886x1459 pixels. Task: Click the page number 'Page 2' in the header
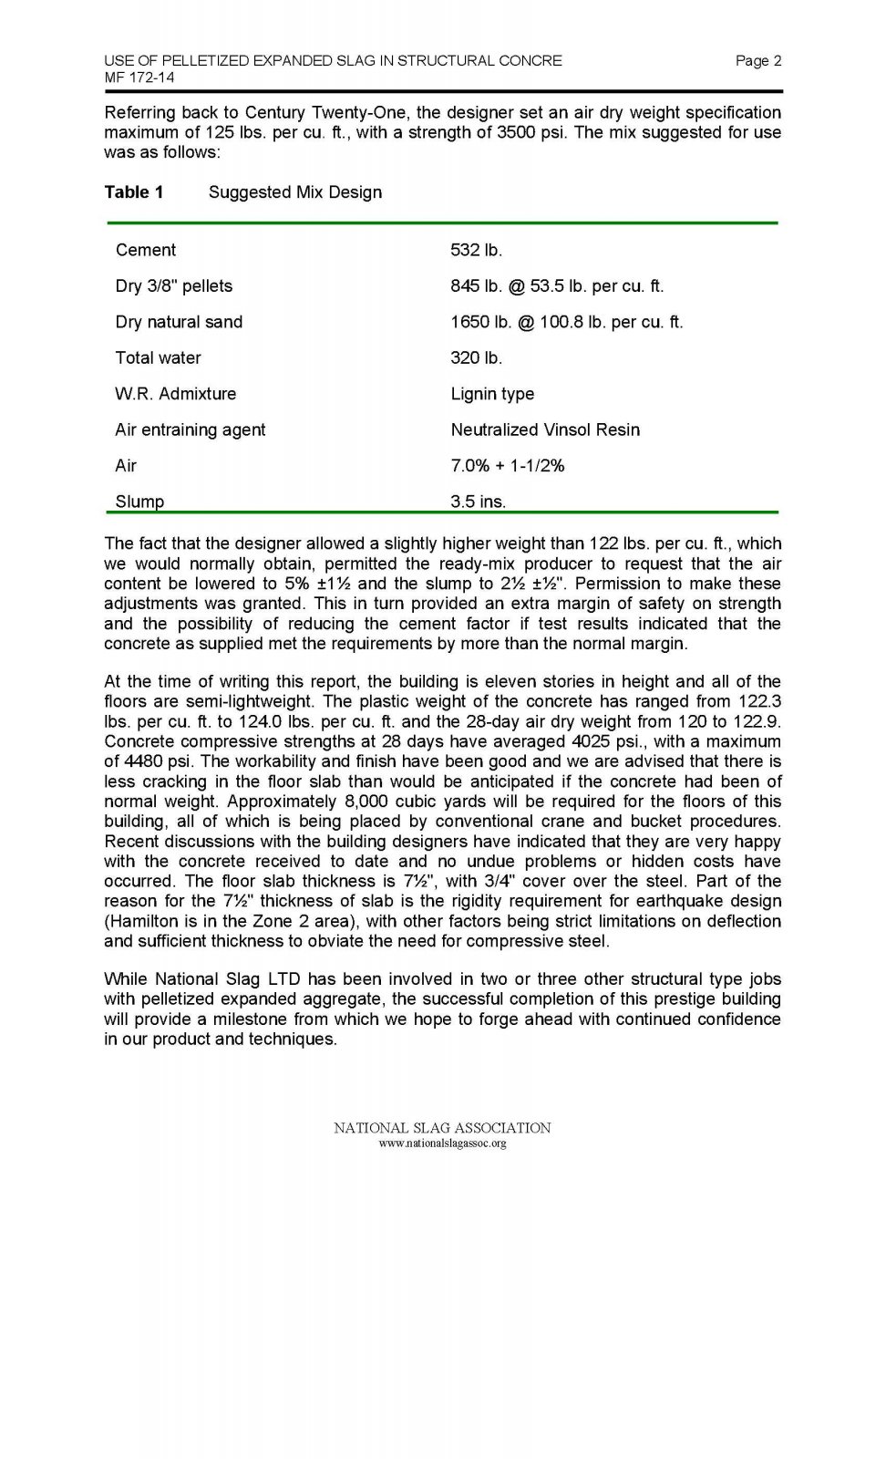[x=757, y=61]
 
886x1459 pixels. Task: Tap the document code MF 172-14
[x=139, y=78]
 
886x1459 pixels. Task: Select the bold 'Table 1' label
[x=134, y=192]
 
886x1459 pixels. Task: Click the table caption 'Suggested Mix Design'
[x=295, y=192]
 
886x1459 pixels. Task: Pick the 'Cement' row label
[x=146, y=250]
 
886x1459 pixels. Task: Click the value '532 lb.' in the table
[x=476, y=250]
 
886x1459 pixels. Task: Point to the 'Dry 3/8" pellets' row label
[x=174, y=286]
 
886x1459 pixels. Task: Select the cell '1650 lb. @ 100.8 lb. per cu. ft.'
[x=566, y=322]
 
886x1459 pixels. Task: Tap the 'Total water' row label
[x=158, y=358]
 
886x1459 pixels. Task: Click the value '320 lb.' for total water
[x=476, y=358]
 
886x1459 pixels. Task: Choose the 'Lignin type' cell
[x=492, y=394]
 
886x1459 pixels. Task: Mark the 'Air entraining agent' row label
[x=191, y=429]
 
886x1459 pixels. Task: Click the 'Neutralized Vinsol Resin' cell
[x=545, y=429]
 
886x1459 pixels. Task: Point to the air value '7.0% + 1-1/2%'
[x=508, y=466]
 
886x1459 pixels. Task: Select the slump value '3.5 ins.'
[x=478, y=502]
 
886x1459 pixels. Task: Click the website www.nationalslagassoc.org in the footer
[x=442, y=1143]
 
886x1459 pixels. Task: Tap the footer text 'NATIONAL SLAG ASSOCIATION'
[x=442, y=1128]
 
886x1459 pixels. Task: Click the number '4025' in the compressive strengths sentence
[x=591, y=741]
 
